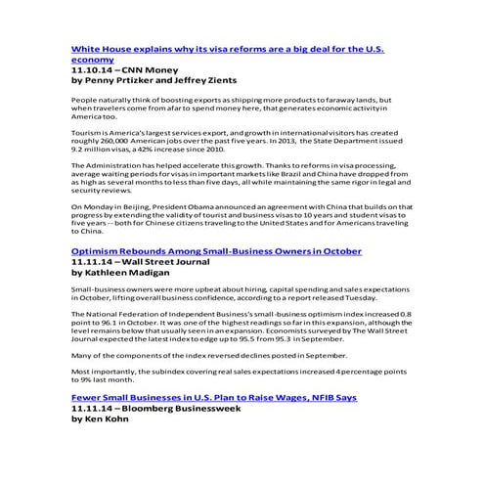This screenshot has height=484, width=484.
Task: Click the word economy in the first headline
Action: (x=94, y=60)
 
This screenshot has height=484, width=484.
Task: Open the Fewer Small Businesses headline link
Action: (x=214, y=398)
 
